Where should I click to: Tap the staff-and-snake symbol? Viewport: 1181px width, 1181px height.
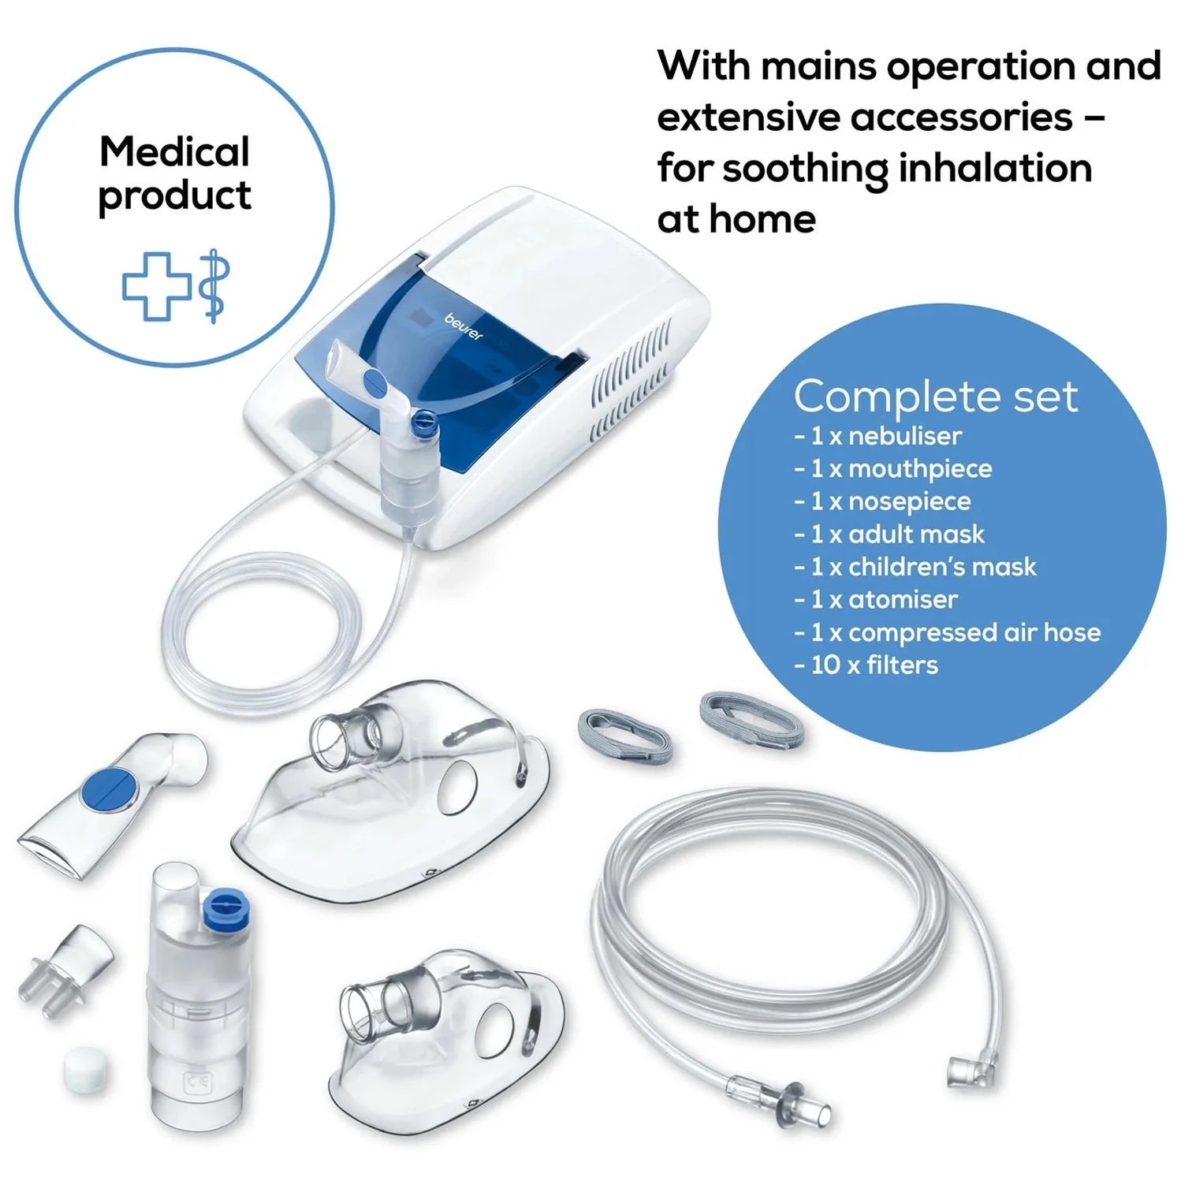(x=213, y=286)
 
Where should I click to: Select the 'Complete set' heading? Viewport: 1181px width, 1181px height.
(x=936, y=397)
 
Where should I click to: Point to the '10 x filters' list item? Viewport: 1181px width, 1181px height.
(x=866, y=665)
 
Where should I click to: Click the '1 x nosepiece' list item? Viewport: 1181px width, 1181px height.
(x=882, y=501)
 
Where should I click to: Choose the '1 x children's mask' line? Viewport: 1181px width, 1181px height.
(x=915, y=566)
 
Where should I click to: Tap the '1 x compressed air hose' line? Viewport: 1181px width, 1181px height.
(x=947, y=632)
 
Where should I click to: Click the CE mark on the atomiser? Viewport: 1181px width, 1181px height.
(x=193, y=1084)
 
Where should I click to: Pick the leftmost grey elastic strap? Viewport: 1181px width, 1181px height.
(x=625, y=735)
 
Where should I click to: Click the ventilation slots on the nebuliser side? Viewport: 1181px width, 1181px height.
(x=631, y=382)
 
